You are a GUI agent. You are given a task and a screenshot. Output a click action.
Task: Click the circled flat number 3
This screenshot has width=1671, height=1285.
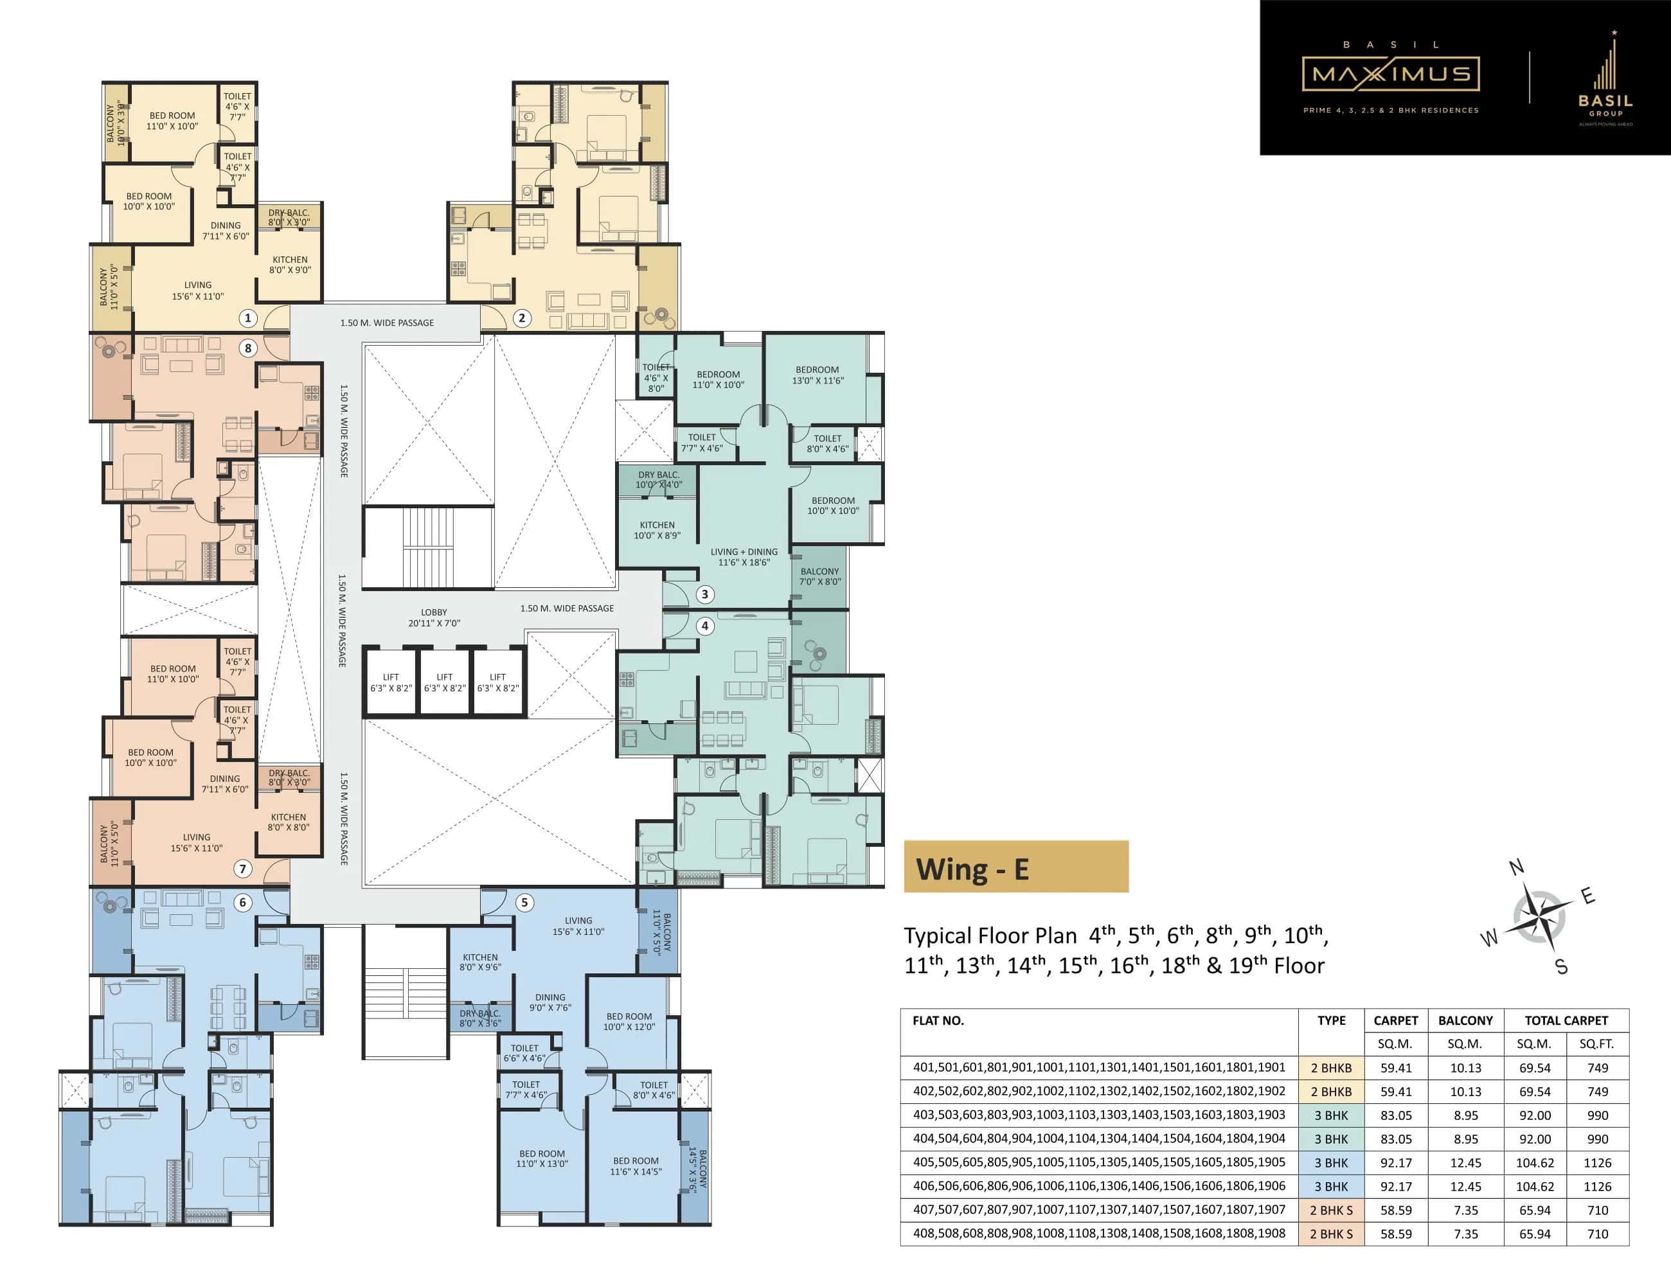pyautogui.click(x=704, y=594)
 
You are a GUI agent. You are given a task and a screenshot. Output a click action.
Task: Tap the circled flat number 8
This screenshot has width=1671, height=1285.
pyautogui.click(x=247, y=348)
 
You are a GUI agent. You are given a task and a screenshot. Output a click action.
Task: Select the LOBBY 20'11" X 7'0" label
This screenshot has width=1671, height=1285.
pyautogui.click(x=434, y=617)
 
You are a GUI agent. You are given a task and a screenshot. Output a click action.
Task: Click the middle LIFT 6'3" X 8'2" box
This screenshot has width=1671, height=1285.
pyautogui.click(x=445, y=682)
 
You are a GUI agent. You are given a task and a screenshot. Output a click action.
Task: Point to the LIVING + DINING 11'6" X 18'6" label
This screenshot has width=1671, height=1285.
pyautogui.click(x=744, y=557)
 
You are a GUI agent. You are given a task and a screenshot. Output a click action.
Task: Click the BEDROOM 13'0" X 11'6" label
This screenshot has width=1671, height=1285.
pyautogui.click(x=817, y=375)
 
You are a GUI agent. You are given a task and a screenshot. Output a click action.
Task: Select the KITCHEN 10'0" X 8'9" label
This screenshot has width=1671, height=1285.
pyautogui.click(x=656, y=530)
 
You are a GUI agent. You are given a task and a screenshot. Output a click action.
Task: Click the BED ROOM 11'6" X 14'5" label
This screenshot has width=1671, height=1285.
pyautogui.click(x=635, y=1165)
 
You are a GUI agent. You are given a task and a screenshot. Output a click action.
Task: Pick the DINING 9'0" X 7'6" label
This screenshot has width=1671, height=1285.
pyautogui.click(x=550, y=1002)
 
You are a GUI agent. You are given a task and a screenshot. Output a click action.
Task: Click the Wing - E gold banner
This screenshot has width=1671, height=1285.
pyautogui.click(x=1015, y=867)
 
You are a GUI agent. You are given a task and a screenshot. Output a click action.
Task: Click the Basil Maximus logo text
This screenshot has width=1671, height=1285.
pyautogui.click(x=1390, y=74)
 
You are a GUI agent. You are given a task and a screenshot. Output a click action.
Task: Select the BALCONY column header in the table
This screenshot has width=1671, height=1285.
pyautogui.click(x=1465, y=1020)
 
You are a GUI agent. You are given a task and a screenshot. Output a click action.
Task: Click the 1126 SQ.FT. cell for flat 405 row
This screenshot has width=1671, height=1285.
pyautogui.click(x=1597, y=1163)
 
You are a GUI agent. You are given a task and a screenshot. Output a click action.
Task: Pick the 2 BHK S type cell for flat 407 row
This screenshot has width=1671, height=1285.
pyautogui.click(x=1331, y=1210)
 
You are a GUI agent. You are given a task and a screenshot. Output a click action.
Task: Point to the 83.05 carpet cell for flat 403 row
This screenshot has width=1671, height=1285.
pyautogui.click(x=1395, y=1115)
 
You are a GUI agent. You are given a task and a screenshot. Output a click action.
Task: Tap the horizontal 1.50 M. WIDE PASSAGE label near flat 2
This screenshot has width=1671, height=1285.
pyautogui.click(x=386, y=323)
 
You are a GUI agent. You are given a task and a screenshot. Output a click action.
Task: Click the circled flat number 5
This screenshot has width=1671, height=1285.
pyautogui.click(x=524, y=903)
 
